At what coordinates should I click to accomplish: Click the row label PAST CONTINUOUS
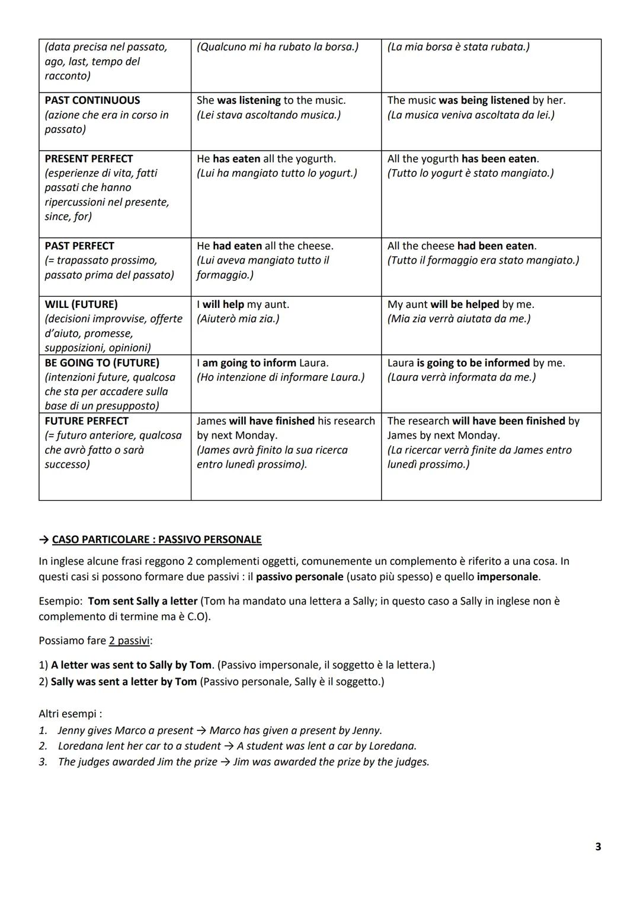tap(92, 100)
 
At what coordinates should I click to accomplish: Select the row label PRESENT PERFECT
tap(89, 158)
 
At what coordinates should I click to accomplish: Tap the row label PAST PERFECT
tap(79, 246)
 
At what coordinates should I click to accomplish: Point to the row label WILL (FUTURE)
tap(81, 304)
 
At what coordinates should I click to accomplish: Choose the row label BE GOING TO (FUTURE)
tap(102, 363)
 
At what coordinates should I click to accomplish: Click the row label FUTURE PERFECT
tap(87, 421)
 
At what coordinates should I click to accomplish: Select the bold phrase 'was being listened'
tap(484, 100)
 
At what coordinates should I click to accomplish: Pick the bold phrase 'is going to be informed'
tap(473, 363)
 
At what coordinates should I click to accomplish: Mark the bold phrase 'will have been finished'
tap(508, 421)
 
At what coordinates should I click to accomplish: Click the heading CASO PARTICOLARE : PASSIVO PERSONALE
tap(156, 539)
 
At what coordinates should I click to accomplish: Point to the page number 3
tap(598, 847)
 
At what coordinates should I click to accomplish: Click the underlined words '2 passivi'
tap(129, 641)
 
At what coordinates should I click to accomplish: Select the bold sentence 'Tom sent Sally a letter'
tap(142, 601)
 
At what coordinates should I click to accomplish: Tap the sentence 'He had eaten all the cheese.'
tap(265, 246)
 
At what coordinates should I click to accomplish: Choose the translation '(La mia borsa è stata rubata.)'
tap(459, 47)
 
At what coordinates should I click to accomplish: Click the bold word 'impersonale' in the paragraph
tap(507, 577)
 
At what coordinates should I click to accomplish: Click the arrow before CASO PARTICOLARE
tap(44, 539)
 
